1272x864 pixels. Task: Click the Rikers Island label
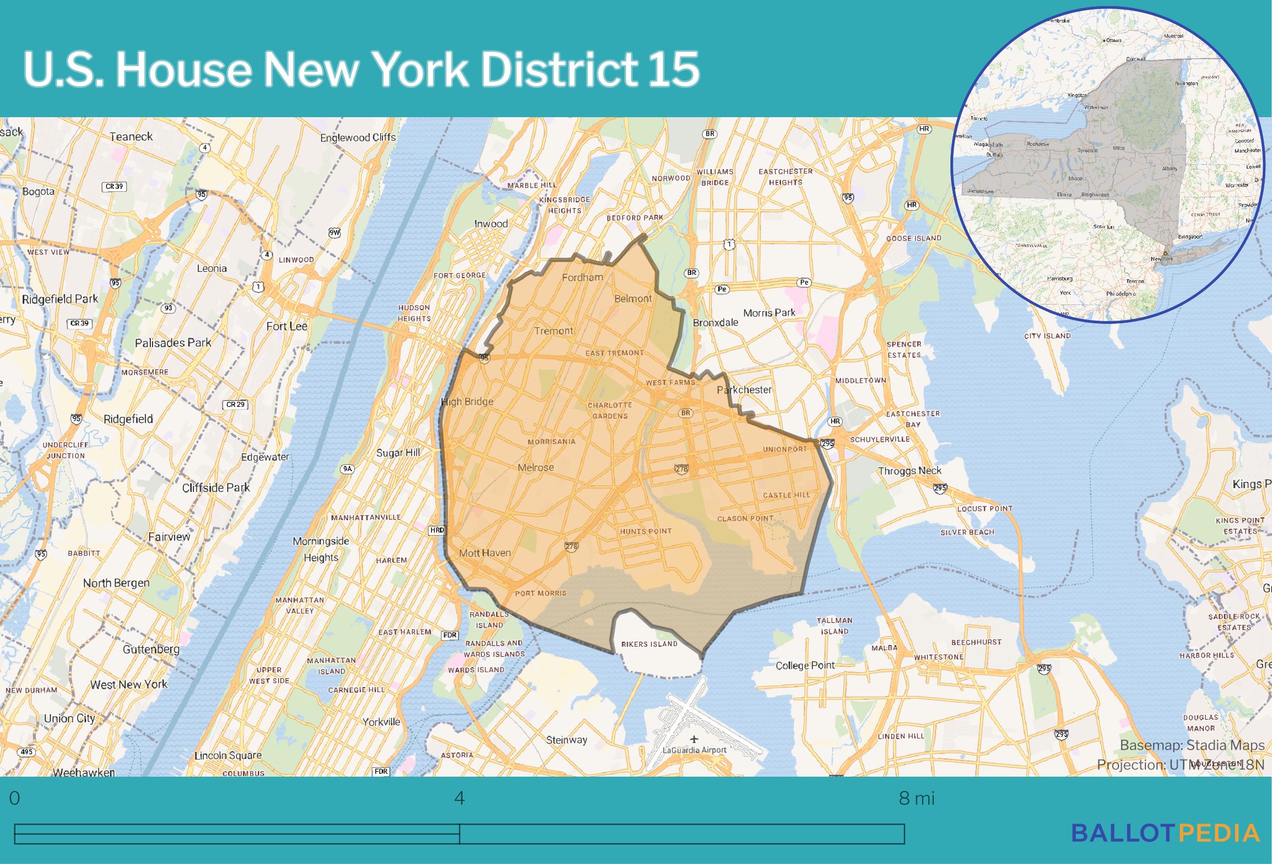[649, 644]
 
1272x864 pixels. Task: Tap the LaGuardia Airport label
[695, 750]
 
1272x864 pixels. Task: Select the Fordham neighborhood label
[582, 277]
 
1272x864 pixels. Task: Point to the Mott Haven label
[485, 553]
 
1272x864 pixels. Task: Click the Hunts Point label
[645, 531]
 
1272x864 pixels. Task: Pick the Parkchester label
[744, 390]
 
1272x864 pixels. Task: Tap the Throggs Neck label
[910, 471]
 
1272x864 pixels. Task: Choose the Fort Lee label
[287, 326]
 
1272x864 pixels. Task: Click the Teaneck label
[131, 137]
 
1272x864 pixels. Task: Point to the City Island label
[1047, 336]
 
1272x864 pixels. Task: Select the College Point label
[805, 666]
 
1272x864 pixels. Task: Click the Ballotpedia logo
[1165, 832]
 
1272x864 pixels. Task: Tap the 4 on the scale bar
[459, 799]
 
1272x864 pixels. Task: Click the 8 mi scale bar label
[917, 799]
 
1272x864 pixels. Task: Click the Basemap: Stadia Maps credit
[1192, 745]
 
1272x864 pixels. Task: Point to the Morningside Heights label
[320, 549]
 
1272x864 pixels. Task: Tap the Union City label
[69, 719]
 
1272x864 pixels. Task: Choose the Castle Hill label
[786, 495]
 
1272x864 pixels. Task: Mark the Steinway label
[566, 740]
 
